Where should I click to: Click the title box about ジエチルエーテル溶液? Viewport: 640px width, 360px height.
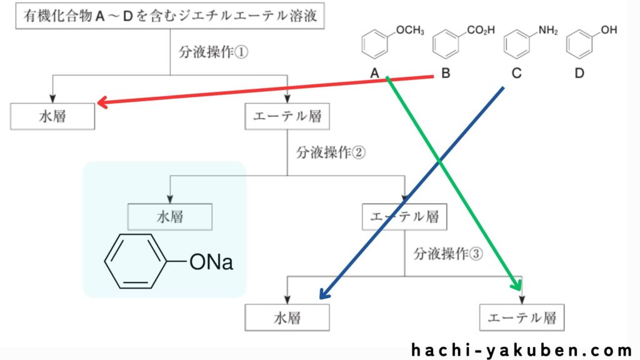tap(170, 16)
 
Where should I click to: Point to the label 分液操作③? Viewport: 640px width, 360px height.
tap(448, 254)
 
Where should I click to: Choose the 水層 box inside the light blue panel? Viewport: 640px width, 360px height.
tap(169, 217)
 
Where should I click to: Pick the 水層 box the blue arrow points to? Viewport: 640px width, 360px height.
tap(287, 318)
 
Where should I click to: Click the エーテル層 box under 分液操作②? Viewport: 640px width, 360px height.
tap(404, 217)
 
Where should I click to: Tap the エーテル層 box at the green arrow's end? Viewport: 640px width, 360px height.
tap(522, 318)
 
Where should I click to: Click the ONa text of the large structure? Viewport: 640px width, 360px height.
tap(211, 262)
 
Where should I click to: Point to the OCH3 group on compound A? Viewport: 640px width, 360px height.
tap(410, 30)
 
